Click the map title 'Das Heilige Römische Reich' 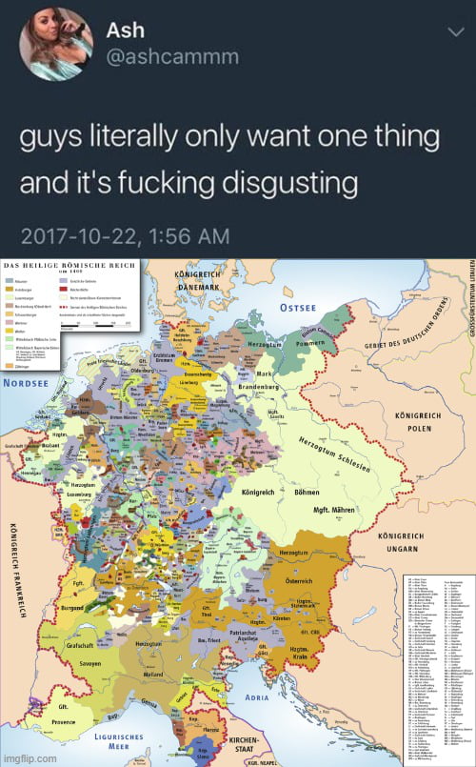pyautogui.click(x=70, y=263)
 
